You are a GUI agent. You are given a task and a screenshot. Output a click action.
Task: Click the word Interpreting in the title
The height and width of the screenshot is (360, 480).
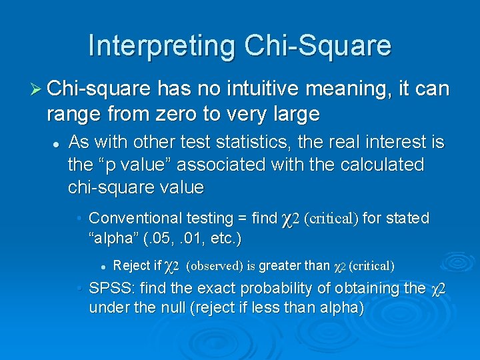(162, 45)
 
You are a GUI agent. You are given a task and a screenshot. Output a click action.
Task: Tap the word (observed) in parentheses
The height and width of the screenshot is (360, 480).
(214, 266)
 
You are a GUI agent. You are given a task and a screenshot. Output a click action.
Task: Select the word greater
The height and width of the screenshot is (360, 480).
(280, 266)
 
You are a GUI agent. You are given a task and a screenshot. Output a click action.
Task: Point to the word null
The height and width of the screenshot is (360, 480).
(167, 309)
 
